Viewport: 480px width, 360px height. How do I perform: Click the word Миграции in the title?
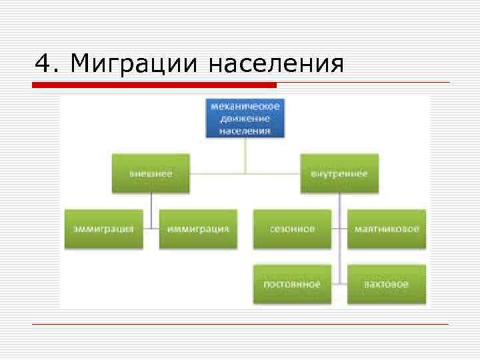134,64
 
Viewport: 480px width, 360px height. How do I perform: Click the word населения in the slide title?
276,64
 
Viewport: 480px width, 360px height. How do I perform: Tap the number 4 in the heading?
43,64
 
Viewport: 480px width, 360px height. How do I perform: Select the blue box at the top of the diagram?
245,118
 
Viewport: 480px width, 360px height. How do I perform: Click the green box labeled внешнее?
151,173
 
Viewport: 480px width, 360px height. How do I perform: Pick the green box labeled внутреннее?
339,173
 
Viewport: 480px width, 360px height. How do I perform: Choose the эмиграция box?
103,229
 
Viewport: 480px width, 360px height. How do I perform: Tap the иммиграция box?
198,229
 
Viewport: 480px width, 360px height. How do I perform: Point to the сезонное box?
292,229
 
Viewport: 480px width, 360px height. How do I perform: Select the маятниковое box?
387,229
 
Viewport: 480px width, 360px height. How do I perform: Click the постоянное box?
292,284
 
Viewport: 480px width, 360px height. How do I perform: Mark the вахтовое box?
387,284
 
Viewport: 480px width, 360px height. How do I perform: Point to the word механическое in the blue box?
245,106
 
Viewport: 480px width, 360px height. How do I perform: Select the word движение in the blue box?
245,118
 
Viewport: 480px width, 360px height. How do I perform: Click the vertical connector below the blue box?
245,155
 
